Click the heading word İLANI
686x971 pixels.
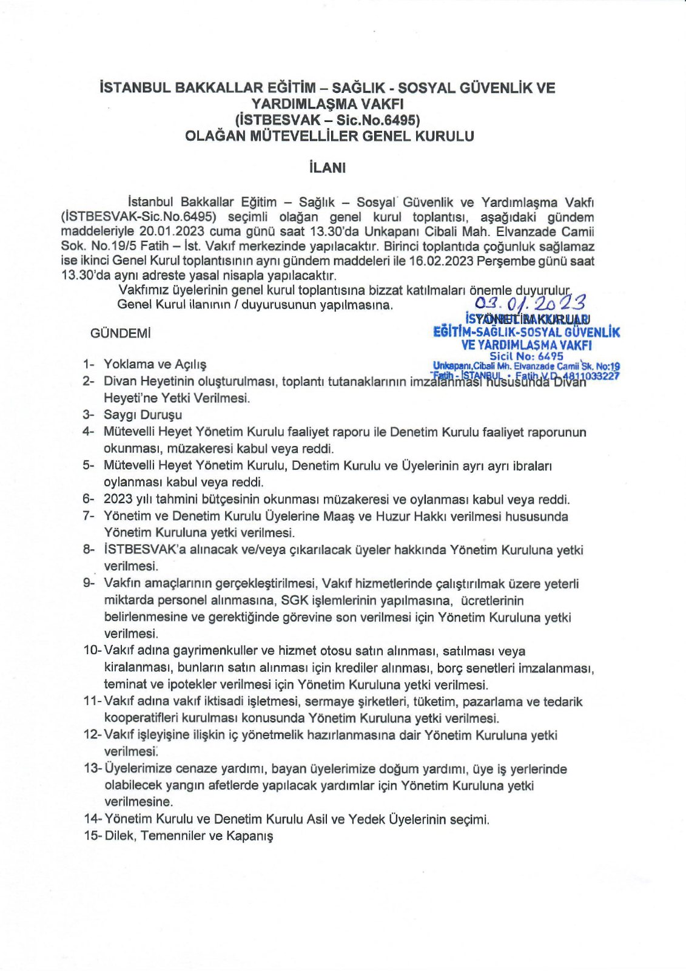coord(327,167)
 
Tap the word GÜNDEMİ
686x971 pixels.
coord(121,333)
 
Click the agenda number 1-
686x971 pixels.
coord(89,364)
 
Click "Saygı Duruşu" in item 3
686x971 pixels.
coord(143,415)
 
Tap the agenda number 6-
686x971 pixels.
coord(89,499)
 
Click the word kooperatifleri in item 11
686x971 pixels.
coord(141,719)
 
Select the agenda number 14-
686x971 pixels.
coord(93,819)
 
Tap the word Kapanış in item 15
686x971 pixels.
coord(250,836)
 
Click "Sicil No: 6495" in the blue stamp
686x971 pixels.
coord(526,356)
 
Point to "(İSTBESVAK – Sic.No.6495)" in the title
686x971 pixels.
coord(328,120)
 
